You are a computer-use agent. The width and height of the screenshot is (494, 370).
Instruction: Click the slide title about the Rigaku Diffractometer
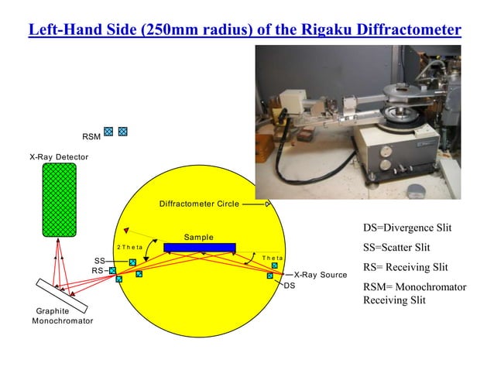[245, 30]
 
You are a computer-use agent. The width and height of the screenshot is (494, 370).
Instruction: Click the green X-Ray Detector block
[59, 200]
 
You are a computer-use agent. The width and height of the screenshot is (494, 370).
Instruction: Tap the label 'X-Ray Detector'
[59, 157]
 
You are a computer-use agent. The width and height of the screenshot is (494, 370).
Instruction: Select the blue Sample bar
[199, 246]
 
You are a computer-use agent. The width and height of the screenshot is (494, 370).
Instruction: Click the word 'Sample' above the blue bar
[199, 236]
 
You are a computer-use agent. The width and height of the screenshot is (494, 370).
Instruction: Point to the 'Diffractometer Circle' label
[198, 204]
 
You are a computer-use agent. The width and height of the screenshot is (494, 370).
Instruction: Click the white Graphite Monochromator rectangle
[61, 296]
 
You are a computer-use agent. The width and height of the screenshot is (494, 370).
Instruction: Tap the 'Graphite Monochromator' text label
[63, 316]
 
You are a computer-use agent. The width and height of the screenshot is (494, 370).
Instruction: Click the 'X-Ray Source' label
[321, 274]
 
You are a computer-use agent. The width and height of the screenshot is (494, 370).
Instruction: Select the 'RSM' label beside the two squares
[91, 136]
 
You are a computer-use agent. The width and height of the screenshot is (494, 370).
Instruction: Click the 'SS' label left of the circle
[99, 261]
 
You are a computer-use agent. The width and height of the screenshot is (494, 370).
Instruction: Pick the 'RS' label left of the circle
[98, 271]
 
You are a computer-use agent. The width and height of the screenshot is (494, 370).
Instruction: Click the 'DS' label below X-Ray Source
[290, 286]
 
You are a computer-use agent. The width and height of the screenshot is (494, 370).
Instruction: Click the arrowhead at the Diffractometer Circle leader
[268, 204]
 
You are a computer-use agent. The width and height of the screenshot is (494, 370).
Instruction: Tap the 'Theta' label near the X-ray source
[273, 257]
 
